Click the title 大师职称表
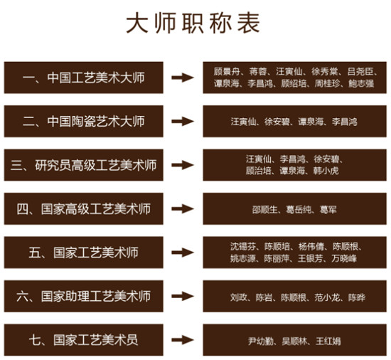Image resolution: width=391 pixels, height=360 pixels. coord(193,23)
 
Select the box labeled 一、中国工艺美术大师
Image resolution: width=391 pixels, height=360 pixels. coord(84,78)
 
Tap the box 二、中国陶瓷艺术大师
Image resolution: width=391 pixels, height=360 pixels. coord(84,121)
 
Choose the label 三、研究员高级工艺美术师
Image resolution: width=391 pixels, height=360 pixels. coord(84,165)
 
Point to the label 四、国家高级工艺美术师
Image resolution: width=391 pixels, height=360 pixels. coord(84,209)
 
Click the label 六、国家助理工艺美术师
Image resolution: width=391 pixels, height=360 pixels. coord(84,296)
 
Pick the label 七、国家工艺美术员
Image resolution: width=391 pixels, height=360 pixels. coord(84,340)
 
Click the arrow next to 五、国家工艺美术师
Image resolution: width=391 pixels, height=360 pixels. coord(183,253)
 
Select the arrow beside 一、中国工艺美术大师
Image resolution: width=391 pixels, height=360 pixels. coord(183,78)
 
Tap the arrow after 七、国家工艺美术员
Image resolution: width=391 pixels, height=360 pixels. coord(183,340)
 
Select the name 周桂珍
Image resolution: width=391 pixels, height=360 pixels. coord(328,83)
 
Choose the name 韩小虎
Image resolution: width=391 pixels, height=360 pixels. coord(326,171)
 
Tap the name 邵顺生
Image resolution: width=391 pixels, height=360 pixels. coord(265,210)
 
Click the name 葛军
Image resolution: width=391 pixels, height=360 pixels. coord(328,210)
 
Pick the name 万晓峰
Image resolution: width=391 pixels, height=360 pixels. coord(344,258)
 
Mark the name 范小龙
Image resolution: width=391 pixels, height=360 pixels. coord(328,297)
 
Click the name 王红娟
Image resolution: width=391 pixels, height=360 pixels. coord(328,341)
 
